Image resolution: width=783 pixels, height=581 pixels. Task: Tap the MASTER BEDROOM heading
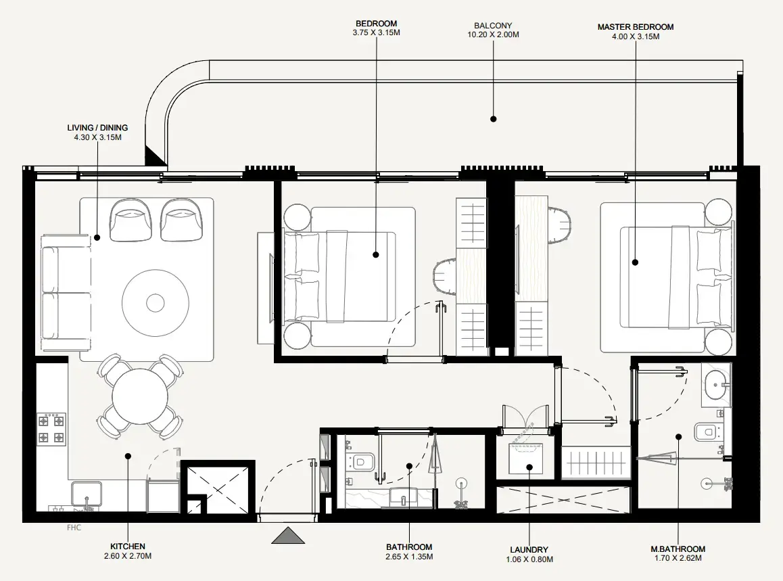click(x=635, y=27)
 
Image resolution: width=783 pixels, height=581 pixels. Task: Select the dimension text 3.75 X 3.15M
click(x=376, y=32)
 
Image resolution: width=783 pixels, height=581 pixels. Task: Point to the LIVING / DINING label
click(x=97, y=127)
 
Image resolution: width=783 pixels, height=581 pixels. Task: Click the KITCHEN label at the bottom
click(x=127, y=547)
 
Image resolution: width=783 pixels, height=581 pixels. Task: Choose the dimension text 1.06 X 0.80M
click(x=529, y=559)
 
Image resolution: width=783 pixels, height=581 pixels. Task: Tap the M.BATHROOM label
click(x=678, y=549)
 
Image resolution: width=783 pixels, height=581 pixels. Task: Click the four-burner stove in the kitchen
click(x=51, y=428)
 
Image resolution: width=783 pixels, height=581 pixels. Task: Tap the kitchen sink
click(x=87, y=494)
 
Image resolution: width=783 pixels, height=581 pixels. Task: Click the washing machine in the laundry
click(x=529, y=461)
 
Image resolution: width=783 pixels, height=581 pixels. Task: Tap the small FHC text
click(x=74, y=528)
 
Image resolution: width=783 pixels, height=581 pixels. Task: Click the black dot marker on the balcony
click(x=493, y=118)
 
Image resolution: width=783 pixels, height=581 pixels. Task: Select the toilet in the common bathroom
click(x=362, y=463)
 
